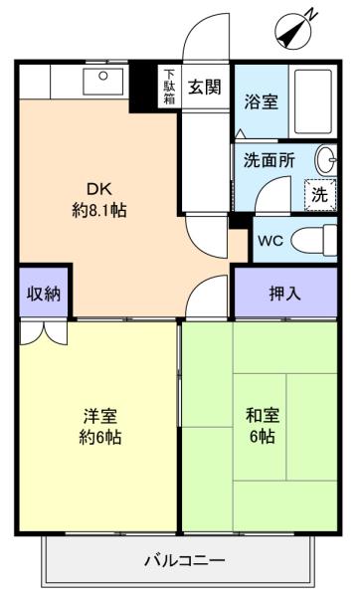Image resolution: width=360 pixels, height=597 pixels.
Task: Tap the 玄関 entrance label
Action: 205,88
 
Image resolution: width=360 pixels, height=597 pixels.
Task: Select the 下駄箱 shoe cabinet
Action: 169,87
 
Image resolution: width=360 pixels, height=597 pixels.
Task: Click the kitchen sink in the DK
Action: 103,82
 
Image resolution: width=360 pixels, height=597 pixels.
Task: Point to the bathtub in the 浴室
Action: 313,101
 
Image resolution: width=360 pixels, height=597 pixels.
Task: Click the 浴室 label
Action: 262,101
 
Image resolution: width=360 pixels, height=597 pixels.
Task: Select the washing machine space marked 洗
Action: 320,195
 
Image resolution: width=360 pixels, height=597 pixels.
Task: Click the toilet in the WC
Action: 314,240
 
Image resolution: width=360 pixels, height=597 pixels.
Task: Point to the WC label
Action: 270,241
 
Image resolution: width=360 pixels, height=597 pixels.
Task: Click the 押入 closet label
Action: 285,294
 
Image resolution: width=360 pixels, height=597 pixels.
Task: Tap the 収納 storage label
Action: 44,294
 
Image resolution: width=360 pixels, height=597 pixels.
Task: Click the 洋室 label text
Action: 100,416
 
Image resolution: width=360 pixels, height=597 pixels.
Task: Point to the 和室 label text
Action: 263,415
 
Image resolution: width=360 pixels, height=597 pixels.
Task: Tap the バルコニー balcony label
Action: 185,560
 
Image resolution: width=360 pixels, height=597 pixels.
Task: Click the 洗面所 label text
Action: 270,160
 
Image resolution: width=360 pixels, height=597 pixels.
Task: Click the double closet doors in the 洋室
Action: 44,333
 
